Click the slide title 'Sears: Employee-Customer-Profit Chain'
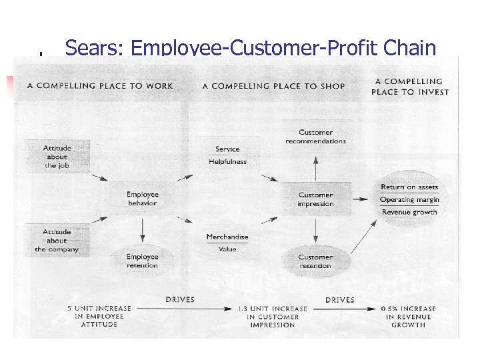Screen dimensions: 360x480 coord(251,48)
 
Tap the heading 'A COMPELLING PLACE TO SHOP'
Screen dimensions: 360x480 coord(273,86)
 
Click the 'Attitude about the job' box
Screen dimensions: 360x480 coord(57,157)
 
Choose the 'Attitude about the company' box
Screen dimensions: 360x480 coord(57,241)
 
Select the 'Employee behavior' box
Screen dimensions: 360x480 coord(143,199)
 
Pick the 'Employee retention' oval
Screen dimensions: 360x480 coord(142,261)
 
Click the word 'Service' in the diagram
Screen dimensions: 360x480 coord(227,149)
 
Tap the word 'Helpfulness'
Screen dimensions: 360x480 coord(227,161)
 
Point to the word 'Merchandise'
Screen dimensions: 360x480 coord(227,237)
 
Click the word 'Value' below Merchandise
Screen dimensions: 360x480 coord(227,249)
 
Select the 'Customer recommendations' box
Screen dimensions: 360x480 coord(316,137)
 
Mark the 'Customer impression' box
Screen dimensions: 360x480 coord(315,199)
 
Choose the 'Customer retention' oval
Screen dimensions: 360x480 coord(315,261)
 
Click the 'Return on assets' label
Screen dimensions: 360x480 coord(409,187)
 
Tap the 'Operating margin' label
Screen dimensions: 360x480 coord(409,199)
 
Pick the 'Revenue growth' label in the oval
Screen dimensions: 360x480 coord(409,212)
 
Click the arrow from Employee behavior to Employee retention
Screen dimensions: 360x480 coord(142,230)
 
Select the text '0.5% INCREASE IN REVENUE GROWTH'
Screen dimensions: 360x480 coord(409,317)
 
